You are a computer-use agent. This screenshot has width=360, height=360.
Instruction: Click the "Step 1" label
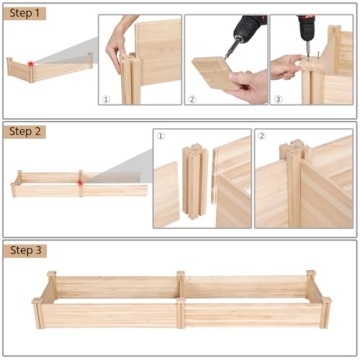point(27,14)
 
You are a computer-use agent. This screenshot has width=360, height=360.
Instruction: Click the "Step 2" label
point(27,130)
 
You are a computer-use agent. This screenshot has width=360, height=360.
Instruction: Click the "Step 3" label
point(27,249)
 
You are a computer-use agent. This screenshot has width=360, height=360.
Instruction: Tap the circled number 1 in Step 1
point(106,99)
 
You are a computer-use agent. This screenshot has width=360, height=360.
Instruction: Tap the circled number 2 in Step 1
point(192,99)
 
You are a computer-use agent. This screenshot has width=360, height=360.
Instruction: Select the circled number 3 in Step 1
point(277,99)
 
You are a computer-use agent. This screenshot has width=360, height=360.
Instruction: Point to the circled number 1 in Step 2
point(161,135)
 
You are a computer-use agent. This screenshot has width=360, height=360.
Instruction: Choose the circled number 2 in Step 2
point(262,135)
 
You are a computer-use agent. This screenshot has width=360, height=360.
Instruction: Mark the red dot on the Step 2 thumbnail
point(79,179)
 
